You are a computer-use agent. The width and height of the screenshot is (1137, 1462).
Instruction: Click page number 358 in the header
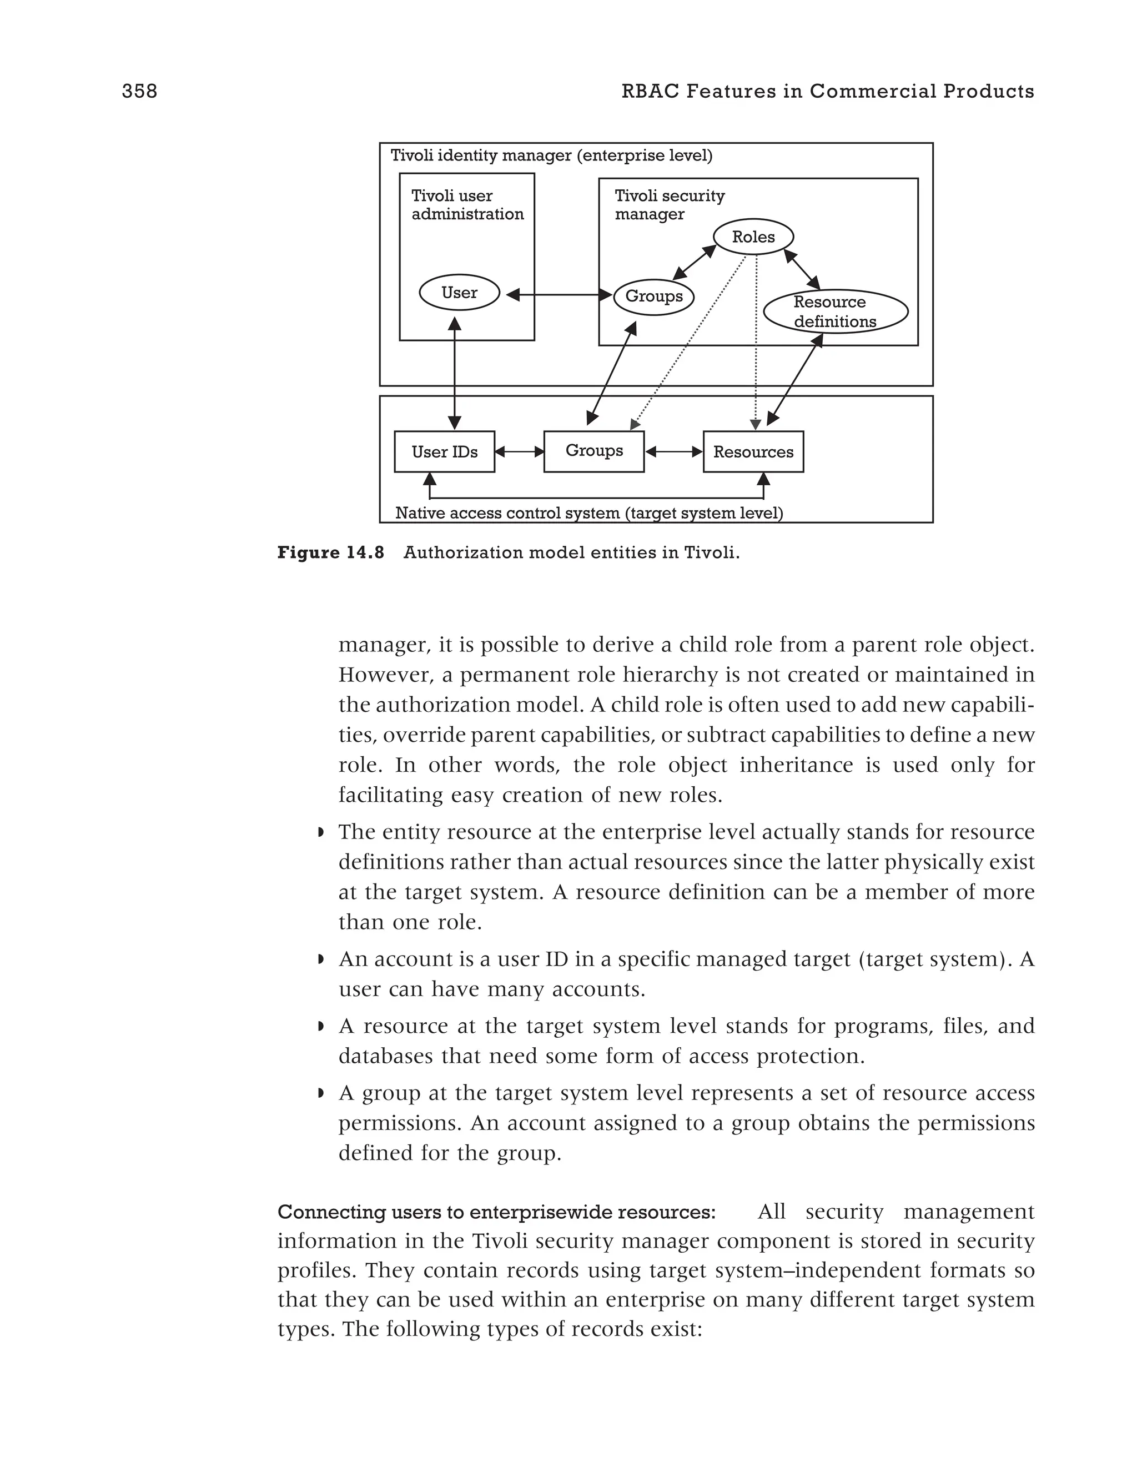(x=139, y=91)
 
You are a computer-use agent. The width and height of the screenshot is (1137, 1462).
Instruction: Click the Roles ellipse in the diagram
(x=753, y=237)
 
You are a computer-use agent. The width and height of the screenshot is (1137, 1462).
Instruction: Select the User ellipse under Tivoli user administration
(x=459, y=293)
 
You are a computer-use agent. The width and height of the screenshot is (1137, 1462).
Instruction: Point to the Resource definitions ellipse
(x=835, y=312)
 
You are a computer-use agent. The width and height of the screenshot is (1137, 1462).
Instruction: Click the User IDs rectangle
(x=444, y=452)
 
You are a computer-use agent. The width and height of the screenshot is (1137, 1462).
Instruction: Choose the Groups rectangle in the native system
(x=593, y=451)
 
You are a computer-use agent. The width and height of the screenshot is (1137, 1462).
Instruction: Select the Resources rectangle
(x=753, y=452)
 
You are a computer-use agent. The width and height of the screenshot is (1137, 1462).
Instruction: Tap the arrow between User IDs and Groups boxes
(x=519, y=452)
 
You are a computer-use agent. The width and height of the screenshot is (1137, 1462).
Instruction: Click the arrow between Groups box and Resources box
(x=673, y=452)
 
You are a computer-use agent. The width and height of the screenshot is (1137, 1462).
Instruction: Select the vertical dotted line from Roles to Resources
(x=756, y=341)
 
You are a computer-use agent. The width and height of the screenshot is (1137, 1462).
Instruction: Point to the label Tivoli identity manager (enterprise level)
(x=551, y=156)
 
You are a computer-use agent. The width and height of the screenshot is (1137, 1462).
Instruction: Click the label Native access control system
(x=589, y=514)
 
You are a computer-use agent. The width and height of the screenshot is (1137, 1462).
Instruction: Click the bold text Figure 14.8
(x=330, y=553)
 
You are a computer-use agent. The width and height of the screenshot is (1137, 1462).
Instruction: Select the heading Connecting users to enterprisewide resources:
(x=496, y=1212)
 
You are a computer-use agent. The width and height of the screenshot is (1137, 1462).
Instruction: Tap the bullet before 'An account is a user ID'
(x=321, y=960)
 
